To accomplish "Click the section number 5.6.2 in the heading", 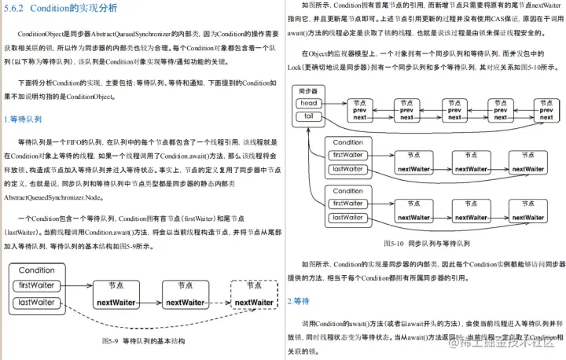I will tap(17, 9).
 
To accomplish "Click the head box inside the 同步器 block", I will tap(309, 104).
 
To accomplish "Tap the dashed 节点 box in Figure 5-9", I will tap(254, 296).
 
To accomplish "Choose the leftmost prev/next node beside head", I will tap(359, 110).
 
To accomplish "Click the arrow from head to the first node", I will tap(331, 104).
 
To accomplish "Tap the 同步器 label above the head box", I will tap(308, 92).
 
